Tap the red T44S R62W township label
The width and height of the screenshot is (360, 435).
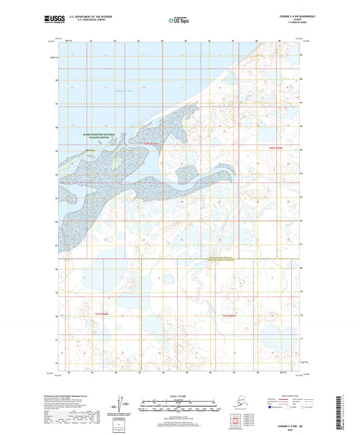pyautogui.click(x=151, y=143)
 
